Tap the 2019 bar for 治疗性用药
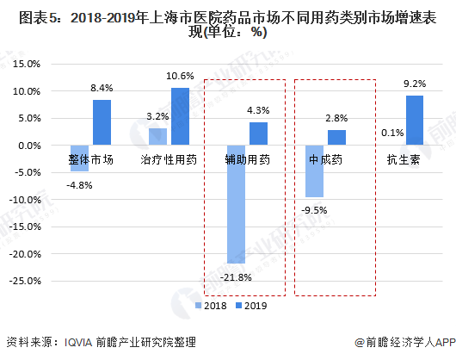[x=180, y=116]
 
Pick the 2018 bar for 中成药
[x=314, y=171]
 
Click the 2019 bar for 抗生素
[x=415, y=121]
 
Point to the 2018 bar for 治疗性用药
[x=158, y=137]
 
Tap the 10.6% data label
[x=181, y=77]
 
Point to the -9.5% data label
[x=314, y=209]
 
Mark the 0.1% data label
[x=392, y=133]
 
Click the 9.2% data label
[x=416, y=84]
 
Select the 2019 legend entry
[x=250, y=305]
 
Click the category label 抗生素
[x=404, y=159]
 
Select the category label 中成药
[x=325, y=159]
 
